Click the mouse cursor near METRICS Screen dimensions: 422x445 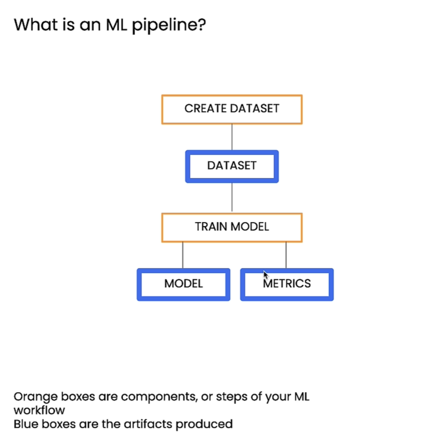tap(265, 275)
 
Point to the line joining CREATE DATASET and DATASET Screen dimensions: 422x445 tap(232, 137)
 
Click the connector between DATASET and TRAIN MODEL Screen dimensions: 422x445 tap(232, 198)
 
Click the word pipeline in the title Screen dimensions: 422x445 tap(169, 25)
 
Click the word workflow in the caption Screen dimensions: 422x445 tap(39, 410)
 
